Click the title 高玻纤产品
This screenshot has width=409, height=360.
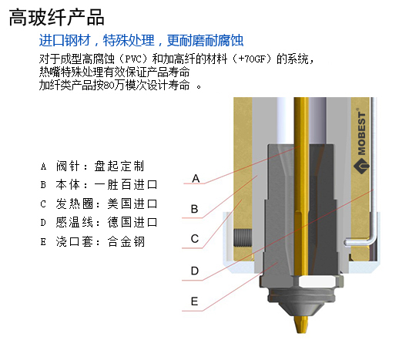click(56, 17)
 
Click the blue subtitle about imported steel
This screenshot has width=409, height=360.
click(141, 40)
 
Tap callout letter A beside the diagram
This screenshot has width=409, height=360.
click(196, 179)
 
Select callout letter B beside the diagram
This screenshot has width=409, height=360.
click(194, 209)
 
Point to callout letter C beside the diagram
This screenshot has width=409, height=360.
click(195, 239)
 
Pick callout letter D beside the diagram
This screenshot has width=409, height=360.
click(195, 271)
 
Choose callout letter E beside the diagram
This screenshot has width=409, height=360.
click(194, 301)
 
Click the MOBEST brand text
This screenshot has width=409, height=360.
click(361, 133)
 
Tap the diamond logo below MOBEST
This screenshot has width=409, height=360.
click(361, 165)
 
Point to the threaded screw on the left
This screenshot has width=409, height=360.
click(243, 238)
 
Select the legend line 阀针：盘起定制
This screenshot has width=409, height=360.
click(92, 166)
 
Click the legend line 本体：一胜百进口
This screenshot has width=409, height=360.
click(99, 185)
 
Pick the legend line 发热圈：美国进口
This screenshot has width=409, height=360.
click(99, 204)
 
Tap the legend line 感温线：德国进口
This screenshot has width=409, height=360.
click(99, 223)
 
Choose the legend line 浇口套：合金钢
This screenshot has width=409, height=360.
click(92, 241)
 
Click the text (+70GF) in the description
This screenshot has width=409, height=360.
click(252, 59)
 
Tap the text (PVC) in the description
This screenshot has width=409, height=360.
click(133, 59)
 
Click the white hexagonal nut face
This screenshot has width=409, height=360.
click(317, 281)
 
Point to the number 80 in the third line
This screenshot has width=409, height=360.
click(109, 86)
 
